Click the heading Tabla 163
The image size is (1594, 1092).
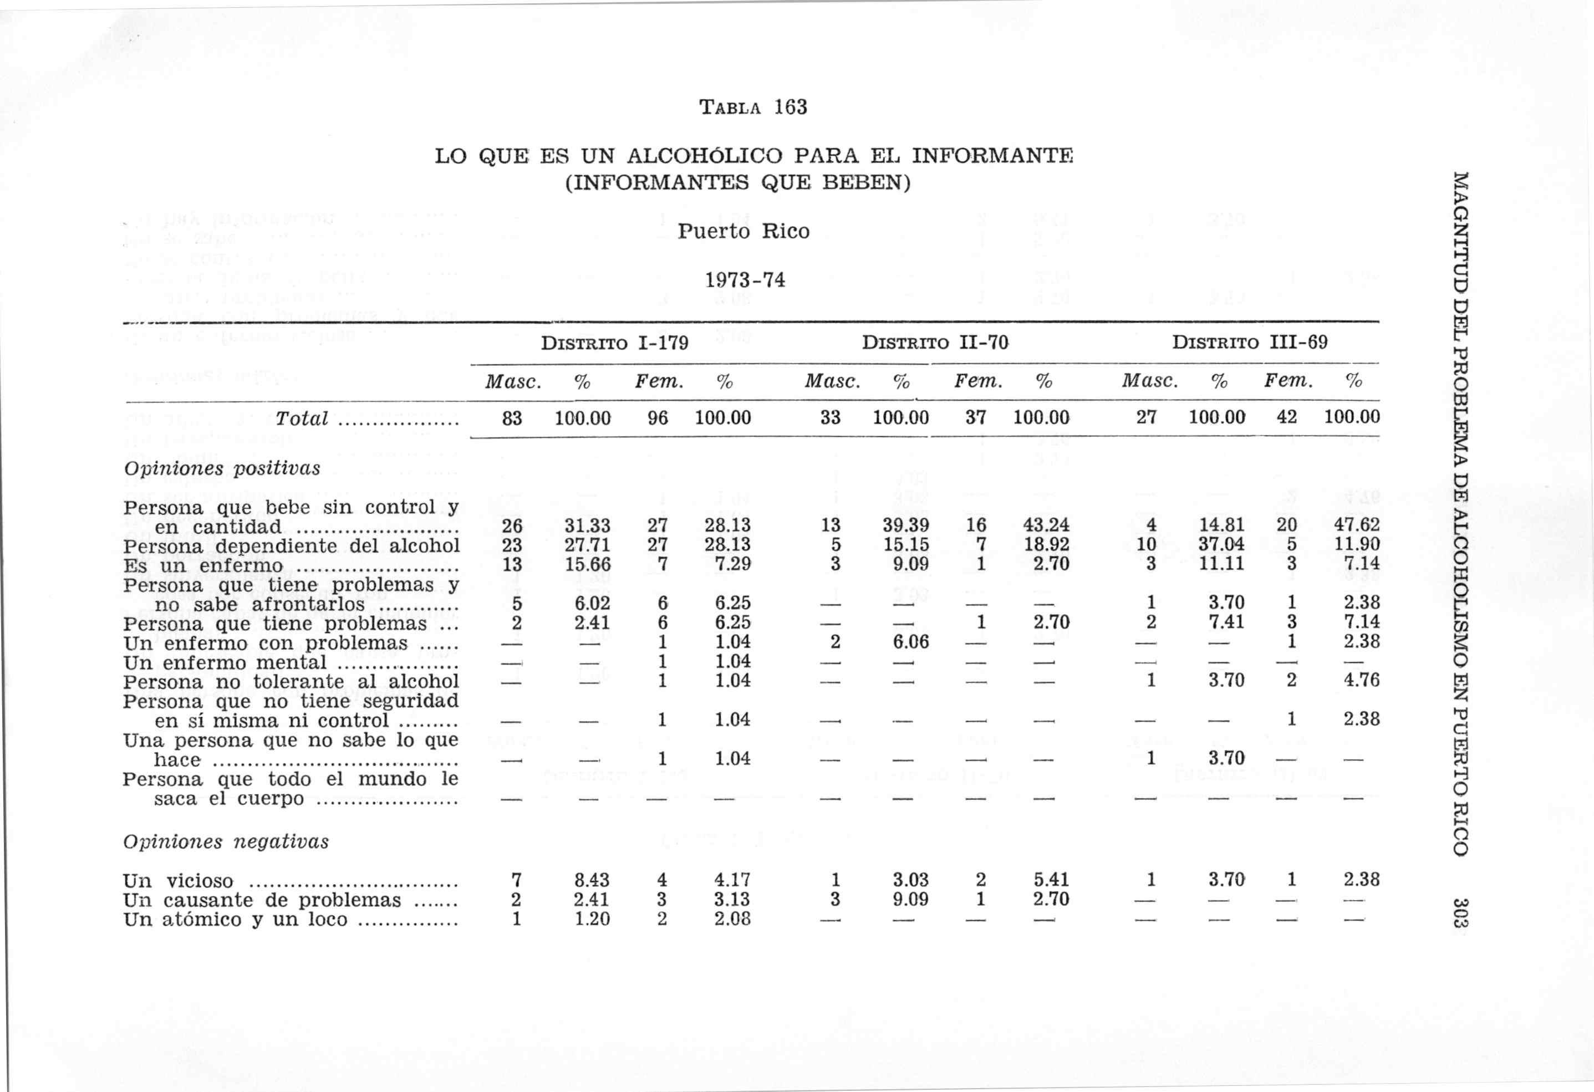point(752,107)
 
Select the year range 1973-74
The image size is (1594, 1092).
point(745,280)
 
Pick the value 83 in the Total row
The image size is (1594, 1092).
point(512,419)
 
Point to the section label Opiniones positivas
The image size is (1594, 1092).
point(222,468)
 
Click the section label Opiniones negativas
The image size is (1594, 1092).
point(226,841)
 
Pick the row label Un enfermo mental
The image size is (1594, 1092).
point(225,662)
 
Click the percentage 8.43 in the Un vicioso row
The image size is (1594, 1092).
point(591,880)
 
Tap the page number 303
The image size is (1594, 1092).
point(1460,912)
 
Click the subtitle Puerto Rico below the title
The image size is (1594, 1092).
point(743,231)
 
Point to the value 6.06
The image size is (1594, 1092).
point(910,642)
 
